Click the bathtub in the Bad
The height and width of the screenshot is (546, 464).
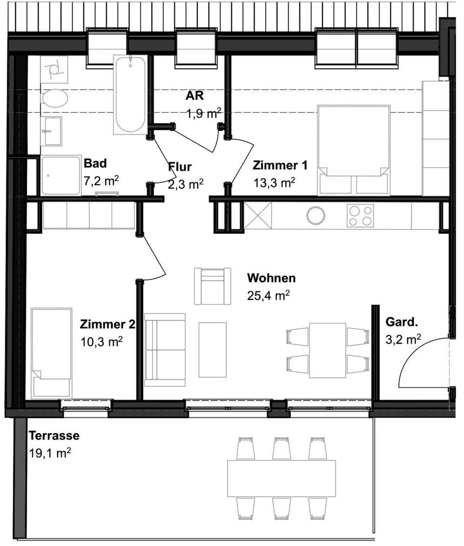[130, 94]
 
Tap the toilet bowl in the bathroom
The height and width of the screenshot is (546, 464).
[54, 98]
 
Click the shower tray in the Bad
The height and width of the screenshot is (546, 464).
[61, 175]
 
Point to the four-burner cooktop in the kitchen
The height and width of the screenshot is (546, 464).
[360, 216]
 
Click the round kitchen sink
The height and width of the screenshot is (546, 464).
[316, 215]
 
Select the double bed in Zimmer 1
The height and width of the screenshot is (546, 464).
[354, 150]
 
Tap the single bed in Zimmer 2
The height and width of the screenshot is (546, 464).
[52, 353]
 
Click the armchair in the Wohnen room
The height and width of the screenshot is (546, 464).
[212, 286]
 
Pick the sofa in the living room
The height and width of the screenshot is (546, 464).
[165, 350]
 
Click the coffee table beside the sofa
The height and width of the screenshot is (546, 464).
[212, 350]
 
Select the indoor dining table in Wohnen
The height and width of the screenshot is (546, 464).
[327, 350]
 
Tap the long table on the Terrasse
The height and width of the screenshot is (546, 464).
[281, 478]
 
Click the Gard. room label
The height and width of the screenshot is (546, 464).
[401, 322]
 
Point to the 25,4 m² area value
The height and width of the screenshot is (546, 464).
[268, 295]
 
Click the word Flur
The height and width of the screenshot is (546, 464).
[180, 167]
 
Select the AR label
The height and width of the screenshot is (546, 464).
[194, 95]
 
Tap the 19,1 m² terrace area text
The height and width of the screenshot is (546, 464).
[50, 453]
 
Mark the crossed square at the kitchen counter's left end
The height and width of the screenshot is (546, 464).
[257, 216]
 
